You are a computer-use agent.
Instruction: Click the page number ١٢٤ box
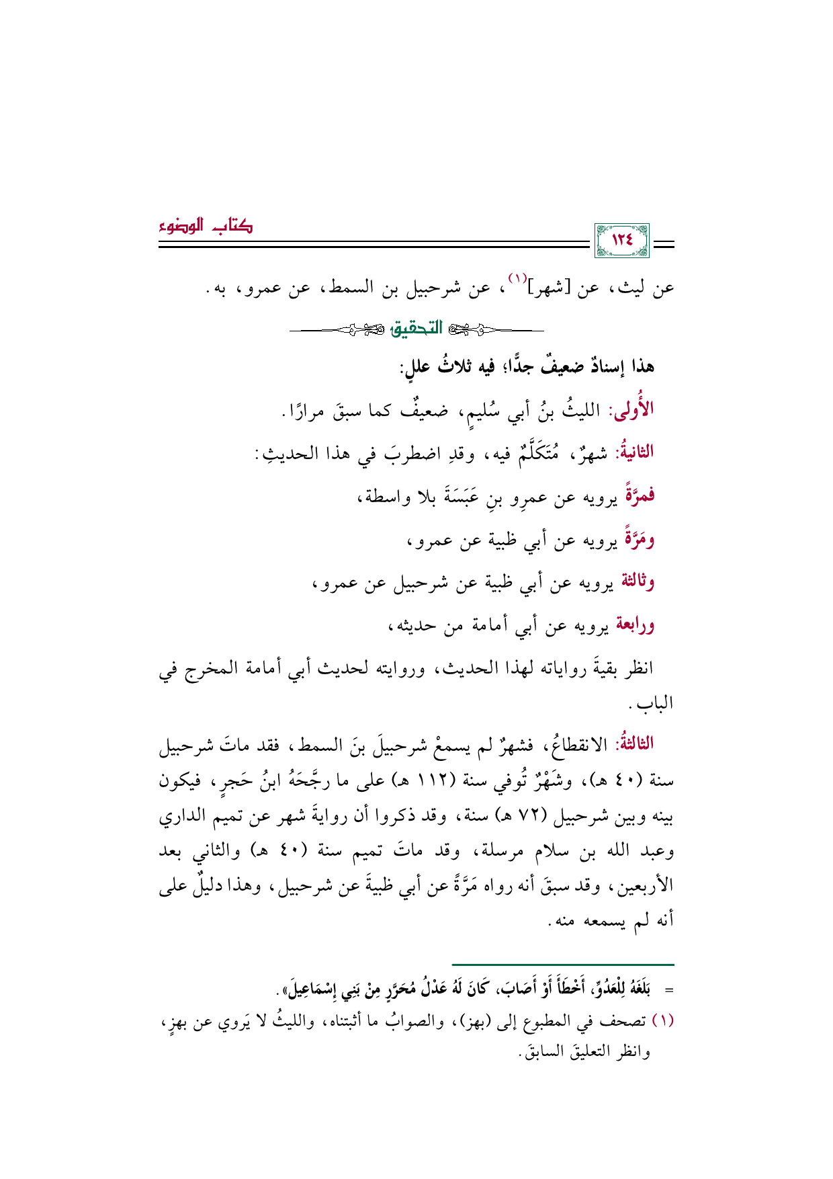coord(623,241)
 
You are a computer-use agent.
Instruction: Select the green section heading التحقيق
coord(416,329)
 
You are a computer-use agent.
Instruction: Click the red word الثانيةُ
coord(633,452)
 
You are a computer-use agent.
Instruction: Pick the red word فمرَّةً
coord(639,496)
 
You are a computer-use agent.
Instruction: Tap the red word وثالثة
coord(637,581)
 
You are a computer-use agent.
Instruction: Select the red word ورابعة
coord(635,625)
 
